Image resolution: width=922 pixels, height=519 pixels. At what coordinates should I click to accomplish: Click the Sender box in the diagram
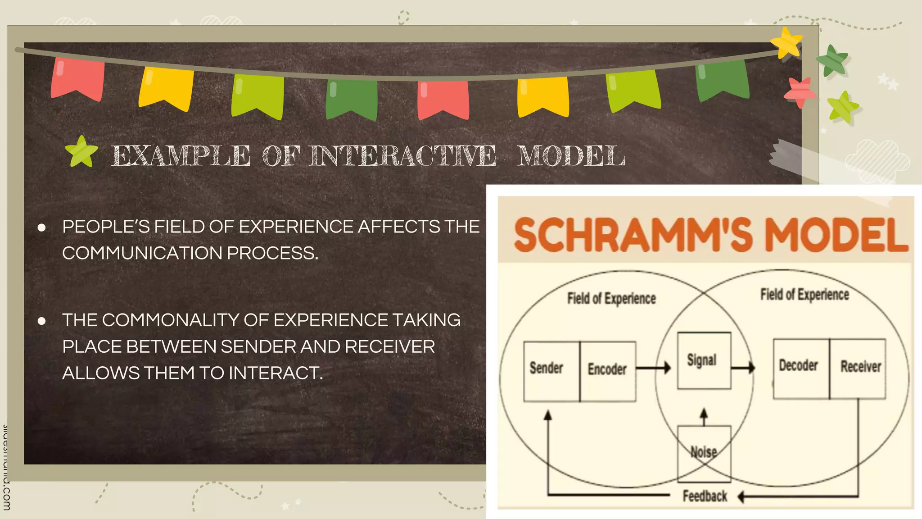(551, 371)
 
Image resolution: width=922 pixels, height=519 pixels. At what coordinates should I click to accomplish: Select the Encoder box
(608, 371)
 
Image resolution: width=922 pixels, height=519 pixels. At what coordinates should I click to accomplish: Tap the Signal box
(704, 360)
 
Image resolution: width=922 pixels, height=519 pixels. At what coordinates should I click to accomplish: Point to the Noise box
(704, 453)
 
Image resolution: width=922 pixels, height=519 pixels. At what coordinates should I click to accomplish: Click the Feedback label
(705, 496)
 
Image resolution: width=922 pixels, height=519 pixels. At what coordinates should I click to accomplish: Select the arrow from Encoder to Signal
(653, 368)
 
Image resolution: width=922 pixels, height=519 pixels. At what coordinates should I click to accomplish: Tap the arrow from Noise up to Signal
(704, 417)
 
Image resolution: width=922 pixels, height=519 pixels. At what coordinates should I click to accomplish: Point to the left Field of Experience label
(611, 298)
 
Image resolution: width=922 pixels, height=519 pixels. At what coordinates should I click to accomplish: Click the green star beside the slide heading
(81, 152)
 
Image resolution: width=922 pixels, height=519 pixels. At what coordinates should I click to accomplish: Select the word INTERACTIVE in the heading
(403, 156)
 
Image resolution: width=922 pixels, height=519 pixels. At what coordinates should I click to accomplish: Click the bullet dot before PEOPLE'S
(42, 228)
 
